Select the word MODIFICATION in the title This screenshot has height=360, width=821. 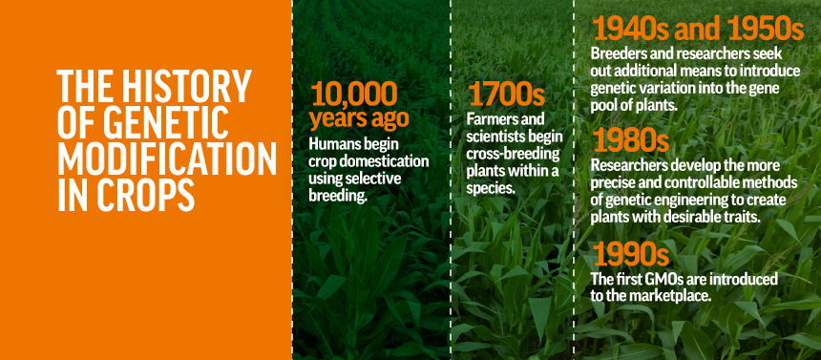pyautogui.click(x=167, y=159)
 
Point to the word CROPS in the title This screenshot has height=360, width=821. pyautogui.click(x=139, y=195)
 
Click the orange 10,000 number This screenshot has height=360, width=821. pyautogui.click(x=353, y=95)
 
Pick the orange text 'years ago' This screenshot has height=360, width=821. pyautogui.click(x=359, y=118)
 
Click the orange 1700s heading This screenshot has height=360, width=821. pyautogui.click(x=506, y=95)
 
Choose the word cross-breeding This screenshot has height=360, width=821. pyautogui.click(x=514, y=155)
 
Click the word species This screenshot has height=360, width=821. pyautogui.click(x=491, y=189)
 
